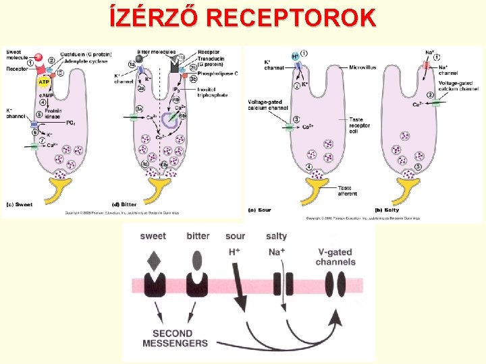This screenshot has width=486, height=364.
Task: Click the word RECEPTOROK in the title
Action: [292, 16]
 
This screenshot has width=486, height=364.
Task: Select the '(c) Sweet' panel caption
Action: [20, 204]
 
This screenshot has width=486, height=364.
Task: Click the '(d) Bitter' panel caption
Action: [124, 204]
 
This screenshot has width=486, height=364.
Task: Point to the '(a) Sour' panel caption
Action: [260, 210]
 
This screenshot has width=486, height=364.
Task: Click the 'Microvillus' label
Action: [364, 67]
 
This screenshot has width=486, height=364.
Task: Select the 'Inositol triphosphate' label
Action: [210, 92]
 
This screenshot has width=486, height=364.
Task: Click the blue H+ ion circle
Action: [295, 56]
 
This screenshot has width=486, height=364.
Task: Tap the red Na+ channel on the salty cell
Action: [427, 65]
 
